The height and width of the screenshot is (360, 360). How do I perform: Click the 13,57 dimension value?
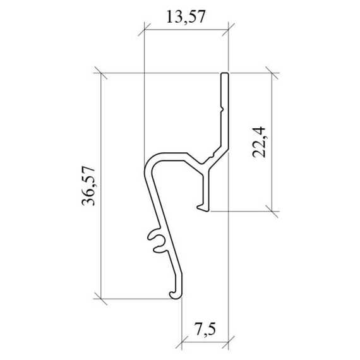[x=186, y=17]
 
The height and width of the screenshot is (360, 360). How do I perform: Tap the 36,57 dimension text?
[x=88, y=186]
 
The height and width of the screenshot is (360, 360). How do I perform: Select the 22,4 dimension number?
[x=259, y=142]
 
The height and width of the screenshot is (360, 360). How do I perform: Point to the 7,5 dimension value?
[x=205, y=329]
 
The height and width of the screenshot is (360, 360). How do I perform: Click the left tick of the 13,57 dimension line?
[x=144, y=30]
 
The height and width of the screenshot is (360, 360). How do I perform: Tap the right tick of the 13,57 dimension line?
[x=229, y=30]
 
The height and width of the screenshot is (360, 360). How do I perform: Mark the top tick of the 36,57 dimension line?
[x=101, y=73]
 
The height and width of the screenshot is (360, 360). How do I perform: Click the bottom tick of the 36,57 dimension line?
[x=101, y=299]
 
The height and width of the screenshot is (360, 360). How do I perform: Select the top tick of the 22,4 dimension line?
[x=272, y=73]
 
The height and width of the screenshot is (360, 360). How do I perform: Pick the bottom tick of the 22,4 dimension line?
[x=272, y=211]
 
